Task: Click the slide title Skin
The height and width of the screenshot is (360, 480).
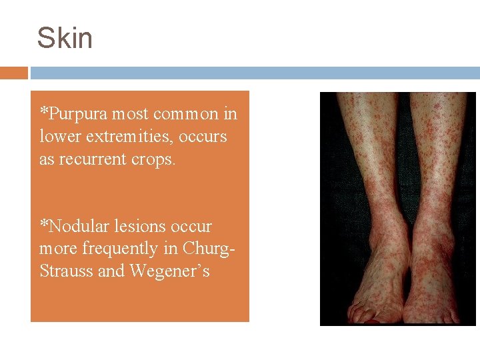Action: click(x=65, y=38)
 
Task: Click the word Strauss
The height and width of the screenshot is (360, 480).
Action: click(x=64, y=271)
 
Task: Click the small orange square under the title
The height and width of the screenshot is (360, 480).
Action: click(x=13, y=73)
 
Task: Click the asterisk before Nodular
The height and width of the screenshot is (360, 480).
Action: click(x=43, y=223)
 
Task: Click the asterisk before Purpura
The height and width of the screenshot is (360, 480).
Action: click(x=43, y=111)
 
